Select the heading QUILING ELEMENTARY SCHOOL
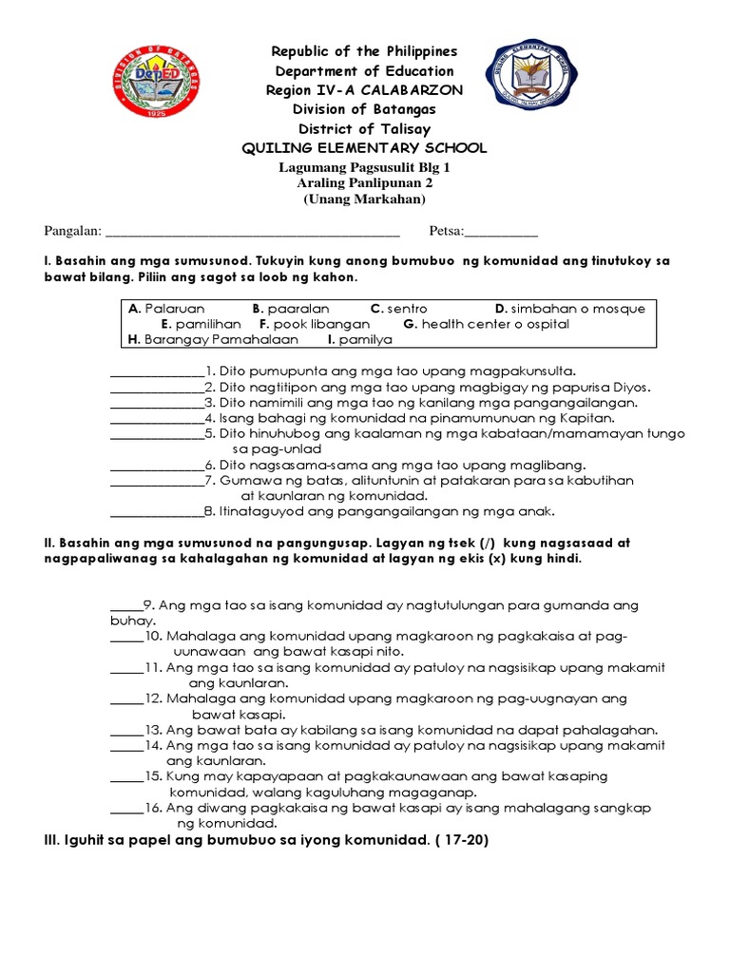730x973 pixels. coord(365,148)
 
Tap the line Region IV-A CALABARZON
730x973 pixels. coord(365,90)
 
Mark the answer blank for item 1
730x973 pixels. coord(157,372)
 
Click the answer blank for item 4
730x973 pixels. coord(157,419)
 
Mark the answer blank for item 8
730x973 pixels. coord(157,512)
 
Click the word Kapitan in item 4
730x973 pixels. coord(592,418)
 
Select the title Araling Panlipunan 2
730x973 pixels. coord(365,183)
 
